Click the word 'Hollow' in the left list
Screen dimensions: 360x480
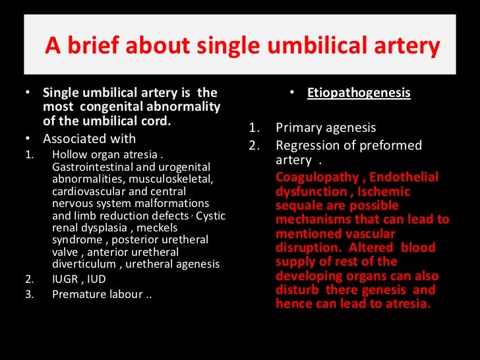click(x=70, y=154)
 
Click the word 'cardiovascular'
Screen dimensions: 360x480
click(x=85, y=191)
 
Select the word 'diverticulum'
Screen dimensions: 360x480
click(x=80, y=264)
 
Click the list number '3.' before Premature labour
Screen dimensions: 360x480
click(x=29, y=294)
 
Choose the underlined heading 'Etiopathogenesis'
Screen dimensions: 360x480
click(x=359, y=93)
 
